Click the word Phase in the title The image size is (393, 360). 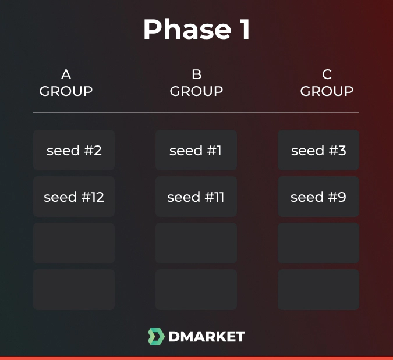coord(184,30)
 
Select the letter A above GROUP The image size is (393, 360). coord(66,74)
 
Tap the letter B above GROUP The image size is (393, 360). coord(196,74)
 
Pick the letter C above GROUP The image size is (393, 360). coord(327,74)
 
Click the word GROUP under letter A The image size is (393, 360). coord(66,91)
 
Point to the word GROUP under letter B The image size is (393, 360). coord(196,91)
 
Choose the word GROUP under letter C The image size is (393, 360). coord(327,91)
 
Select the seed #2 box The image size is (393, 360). coord(74,151)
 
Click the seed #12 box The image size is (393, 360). coord(74,197)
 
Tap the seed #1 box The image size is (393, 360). coord(196,151)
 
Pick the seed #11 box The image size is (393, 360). coord(196,197)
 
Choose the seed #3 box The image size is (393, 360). coord(318,151)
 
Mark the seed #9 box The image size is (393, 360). coord(318,197)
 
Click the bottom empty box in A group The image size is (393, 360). coord(74,290)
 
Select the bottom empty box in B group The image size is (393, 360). coord(196,290)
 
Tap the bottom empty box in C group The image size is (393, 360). coord(318,290)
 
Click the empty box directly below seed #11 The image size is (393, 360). coord(196,243)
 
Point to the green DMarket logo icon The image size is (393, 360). coord(155,336)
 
